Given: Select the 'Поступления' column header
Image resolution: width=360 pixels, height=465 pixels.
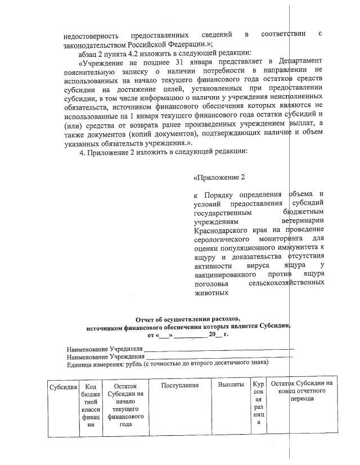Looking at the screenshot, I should [180, 385].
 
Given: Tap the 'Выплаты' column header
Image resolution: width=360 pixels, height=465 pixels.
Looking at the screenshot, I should [231, 385].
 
